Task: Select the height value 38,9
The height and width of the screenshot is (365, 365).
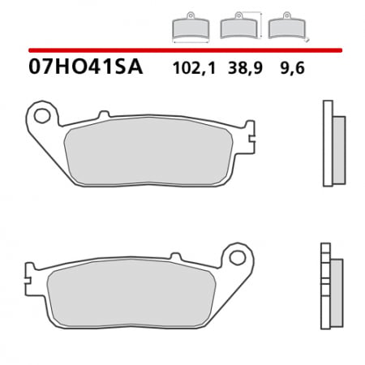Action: pos(236,69)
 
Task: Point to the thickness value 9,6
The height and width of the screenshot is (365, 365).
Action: pos(281,69)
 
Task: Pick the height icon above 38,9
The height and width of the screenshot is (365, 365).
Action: pos(238,28)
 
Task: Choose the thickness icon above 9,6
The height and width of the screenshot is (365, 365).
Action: pos(283,28)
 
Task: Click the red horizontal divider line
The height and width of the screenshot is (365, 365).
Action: pos(182,50)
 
